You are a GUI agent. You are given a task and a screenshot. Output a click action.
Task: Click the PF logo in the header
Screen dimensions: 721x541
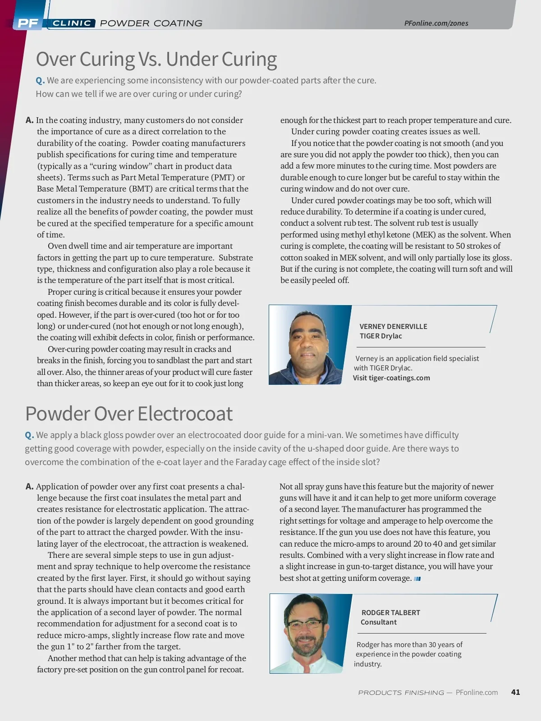click(28, 23)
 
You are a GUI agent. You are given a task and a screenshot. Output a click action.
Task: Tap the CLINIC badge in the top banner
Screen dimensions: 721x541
click(72, 23)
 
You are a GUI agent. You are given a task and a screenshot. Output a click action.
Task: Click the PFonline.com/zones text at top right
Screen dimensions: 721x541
click(436, 23)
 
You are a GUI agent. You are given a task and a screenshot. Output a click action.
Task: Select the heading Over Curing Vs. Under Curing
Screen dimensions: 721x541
click(156, 59)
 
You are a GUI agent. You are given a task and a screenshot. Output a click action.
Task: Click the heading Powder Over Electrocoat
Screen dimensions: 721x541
click(129, 413)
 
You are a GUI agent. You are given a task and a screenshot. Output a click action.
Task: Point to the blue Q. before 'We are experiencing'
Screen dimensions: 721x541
click(40, 81)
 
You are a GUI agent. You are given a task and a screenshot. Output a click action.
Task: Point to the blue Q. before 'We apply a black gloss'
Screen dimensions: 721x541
click(29, 435)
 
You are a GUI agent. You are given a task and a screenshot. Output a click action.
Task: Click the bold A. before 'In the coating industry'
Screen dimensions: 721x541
click(30, 120)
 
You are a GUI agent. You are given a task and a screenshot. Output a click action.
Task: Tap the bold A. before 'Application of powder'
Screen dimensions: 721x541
click(30, 487)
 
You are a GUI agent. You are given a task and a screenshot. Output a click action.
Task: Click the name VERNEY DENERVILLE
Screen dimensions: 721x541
click(393, 326)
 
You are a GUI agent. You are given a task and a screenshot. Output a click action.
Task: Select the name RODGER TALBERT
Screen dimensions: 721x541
click(390, 612)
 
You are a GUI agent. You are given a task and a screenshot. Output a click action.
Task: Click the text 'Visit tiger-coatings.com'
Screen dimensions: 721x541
click(391, 378)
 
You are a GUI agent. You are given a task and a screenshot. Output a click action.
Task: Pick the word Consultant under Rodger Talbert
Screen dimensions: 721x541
click(378, 622)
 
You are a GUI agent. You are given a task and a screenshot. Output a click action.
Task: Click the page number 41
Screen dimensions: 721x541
click(516, 692)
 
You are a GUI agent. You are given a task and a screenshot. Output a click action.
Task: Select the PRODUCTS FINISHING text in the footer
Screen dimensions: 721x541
click(401, 693)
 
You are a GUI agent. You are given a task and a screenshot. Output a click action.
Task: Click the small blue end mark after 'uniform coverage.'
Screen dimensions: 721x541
click(417, 579)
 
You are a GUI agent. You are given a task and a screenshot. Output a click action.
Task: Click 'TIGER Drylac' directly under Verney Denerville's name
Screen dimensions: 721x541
click(381, 336)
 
